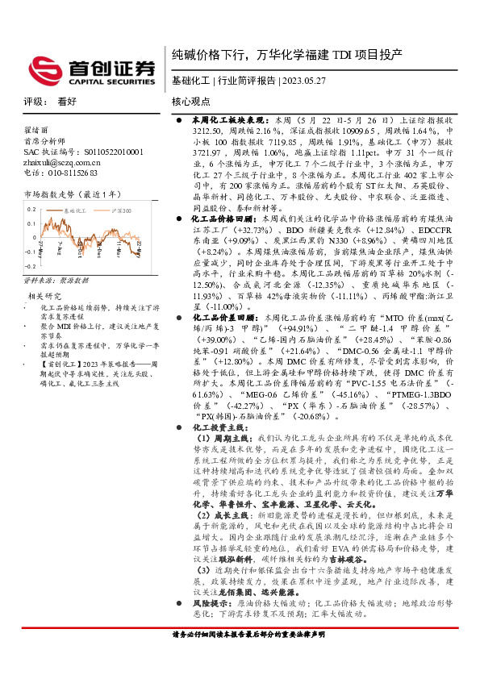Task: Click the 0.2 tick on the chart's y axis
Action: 31,207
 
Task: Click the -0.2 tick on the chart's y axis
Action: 30,241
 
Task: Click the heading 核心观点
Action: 191,102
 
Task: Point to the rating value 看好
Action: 67,102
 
